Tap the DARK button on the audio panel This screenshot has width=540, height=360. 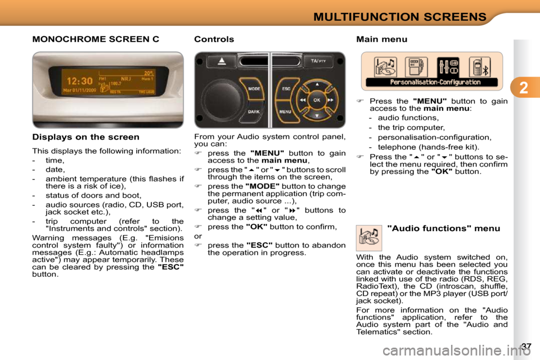(x=254, y=111)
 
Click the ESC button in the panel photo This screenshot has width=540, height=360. (x=285, y=88)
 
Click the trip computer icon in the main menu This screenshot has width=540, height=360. (x=416, y=67)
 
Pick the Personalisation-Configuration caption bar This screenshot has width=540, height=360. (x=431, y=82)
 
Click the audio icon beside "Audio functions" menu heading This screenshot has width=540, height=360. (x=369, y=237)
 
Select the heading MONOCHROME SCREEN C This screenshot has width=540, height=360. (x=96, y=39)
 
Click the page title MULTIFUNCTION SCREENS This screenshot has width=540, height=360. (x=399, y=16)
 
